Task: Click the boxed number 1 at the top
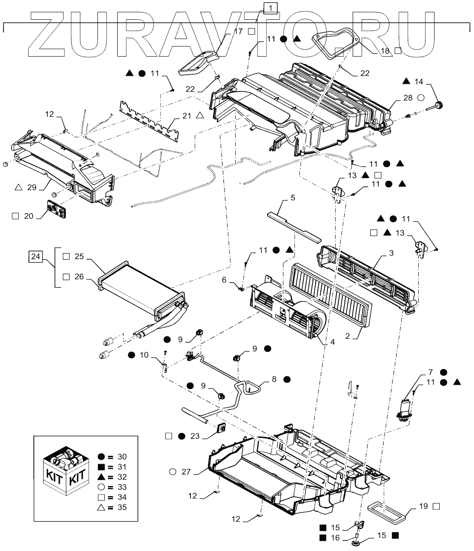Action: (270, 8)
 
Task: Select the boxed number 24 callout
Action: (36, 257)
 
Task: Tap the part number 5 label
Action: (293, 198)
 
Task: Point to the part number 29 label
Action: (32, 187)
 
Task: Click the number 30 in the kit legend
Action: (122, 457)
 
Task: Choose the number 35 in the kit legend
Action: (122, 507)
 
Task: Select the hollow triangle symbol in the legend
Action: (101, 507)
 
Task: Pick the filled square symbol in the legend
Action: (101, 467)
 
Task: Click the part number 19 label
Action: (424, 506)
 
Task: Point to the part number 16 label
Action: (335, 538)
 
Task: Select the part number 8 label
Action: (274, 379)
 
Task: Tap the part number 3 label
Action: (391, 253)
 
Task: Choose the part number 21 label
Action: (187, 116)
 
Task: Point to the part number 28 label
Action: (408, 98)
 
